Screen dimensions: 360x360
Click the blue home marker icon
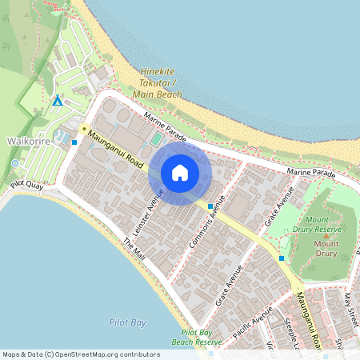(x=180, y=173)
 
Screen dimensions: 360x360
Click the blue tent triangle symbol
(x=57, y=101)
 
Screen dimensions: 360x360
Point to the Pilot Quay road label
(x=27, y=185)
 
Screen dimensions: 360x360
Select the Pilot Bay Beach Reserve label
(x=200, y=337)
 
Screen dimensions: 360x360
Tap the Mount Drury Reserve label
(x=324, y=223)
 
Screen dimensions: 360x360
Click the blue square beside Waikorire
(x=74, y=142)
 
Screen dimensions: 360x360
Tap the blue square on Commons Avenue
(x=210, y=206)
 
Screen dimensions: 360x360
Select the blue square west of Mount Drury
(x=282, y=258)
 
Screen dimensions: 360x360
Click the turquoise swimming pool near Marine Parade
(x=155, y=140)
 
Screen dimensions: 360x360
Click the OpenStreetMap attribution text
(x=81, y=354)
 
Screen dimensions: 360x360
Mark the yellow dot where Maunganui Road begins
(x=83, y=129)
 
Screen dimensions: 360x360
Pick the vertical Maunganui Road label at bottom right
(x=307, y=320)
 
